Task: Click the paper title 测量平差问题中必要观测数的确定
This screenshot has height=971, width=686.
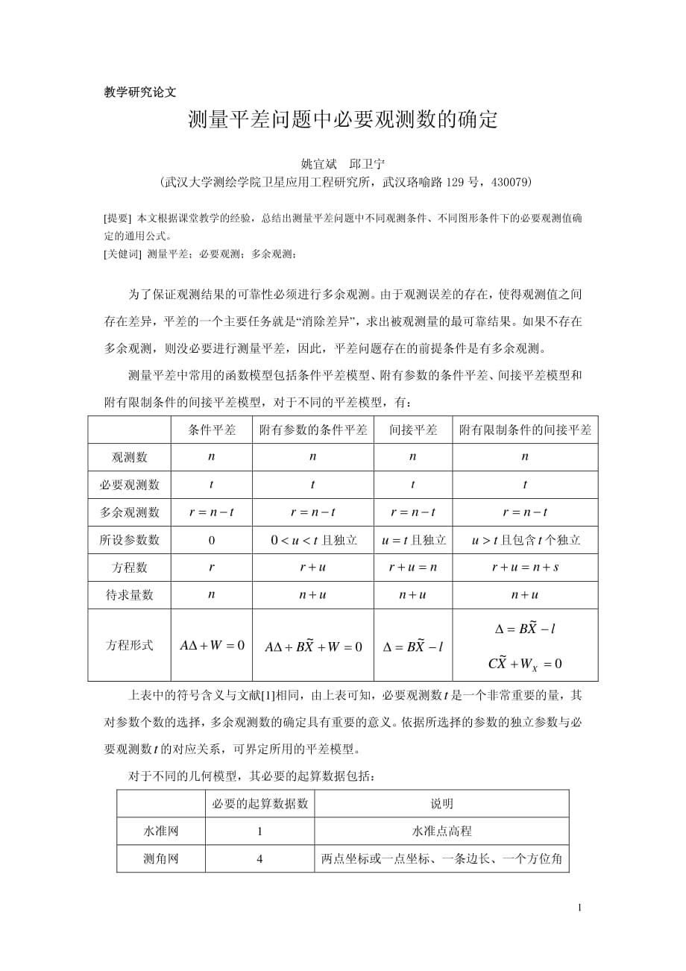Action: point(342,120)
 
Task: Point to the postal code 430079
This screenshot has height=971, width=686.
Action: point(505,182)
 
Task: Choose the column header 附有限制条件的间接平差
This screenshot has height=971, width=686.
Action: point(525,430)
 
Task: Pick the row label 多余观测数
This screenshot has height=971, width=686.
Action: point(130,512)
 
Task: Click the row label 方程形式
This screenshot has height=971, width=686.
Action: point(130,645)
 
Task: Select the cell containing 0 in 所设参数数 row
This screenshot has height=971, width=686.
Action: point(212,540)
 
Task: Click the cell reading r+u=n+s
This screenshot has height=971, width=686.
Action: point(525,568)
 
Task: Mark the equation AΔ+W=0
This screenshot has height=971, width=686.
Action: point(212,645)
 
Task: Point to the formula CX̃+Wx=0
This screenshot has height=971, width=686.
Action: point(525,663)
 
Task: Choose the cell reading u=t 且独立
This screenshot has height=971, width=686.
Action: point(413,540)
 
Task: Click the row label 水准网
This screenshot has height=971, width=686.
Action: point(161,831)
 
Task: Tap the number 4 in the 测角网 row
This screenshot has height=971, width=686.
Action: point(259,858)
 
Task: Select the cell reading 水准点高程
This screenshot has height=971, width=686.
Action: point(441,831)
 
